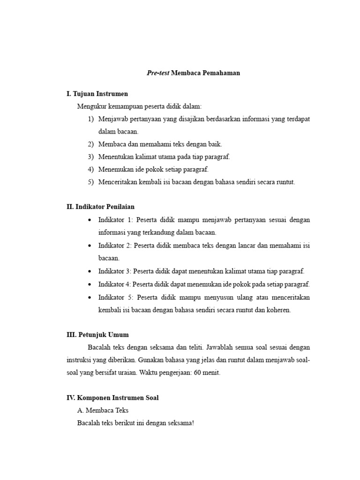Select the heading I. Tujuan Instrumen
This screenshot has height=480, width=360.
click(x=97, y=94)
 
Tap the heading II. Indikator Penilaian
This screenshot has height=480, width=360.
click(x=101, y=206)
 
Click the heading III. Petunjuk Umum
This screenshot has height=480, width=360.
click(x=97, y=335)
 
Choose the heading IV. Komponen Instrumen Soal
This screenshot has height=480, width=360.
click(x=112, y=397)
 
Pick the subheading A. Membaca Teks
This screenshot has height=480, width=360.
click(x=103, y=410)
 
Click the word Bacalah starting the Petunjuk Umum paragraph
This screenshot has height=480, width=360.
click(x=99, y=347)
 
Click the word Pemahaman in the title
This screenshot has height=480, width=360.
click(x=221, y=73)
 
